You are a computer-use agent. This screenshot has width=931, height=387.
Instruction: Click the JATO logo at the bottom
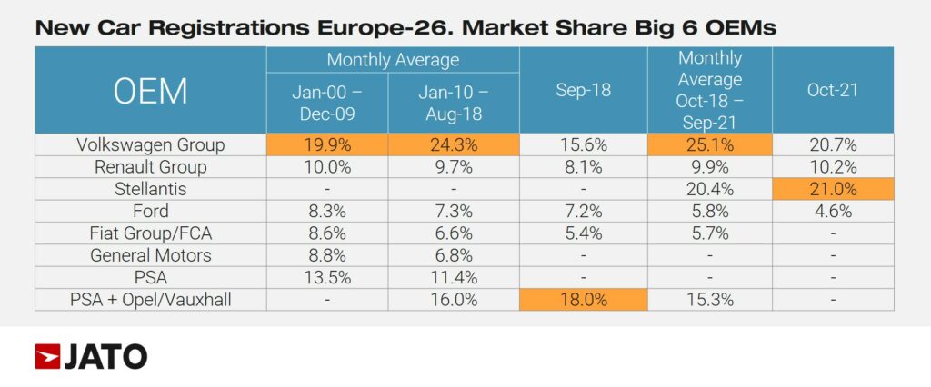(91, 357)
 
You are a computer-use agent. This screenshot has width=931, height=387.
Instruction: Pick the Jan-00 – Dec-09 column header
(327, 102)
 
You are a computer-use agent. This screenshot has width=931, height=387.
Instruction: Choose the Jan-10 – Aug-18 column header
(453, 102)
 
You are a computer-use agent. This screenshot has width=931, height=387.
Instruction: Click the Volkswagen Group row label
(150, 145)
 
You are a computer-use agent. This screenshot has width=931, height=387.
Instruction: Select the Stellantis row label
(150, 189)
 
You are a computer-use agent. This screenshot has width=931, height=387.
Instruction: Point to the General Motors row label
(150, 255)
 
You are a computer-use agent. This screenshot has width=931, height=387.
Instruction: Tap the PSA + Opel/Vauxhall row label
(150, 300)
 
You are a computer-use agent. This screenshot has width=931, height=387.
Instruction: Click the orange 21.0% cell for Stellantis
(833, 189)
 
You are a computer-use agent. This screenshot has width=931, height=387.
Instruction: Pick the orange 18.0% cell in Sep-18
(583, 300)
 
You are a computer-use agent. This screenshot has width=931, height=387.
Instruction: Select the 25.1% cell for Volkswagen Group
(709, 145)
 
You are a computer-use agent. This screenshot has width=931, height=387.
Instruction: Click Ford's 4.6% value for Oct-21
(833, 211)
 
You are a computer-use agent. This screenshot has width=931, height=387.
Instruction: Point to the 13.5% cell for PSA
(327, 277)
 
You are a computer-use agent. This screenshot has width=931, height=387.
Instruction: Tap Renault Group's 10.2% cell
(833, 167)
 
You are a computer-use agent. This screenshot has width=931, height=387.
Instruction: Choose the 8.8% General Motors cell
(327, 255)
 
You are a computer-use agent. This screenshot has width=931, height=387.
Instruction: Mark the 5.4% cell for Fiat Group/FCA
(583, 233)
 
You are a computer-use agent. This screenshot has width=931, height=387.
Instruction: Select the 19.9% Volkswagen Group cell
(327, 145)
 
